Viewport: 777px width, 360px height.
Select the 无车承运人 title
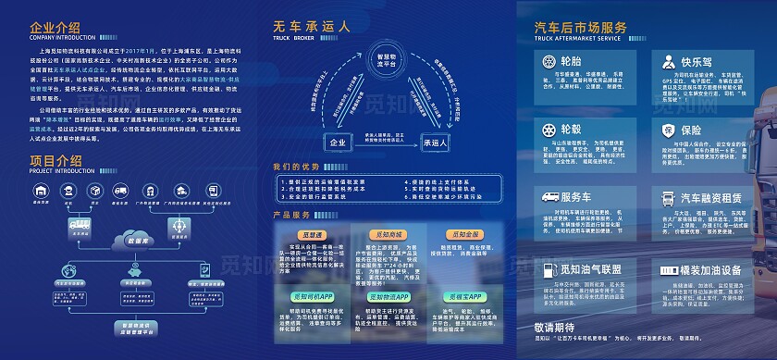pos(311,27)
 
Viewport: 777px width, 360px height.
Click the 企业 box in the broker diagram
pos(336,143)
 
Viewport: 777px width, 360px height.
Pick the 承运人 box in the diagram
pos(435,143)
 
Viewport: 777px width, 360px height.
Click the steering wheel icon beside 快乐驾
pos(640,61)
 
